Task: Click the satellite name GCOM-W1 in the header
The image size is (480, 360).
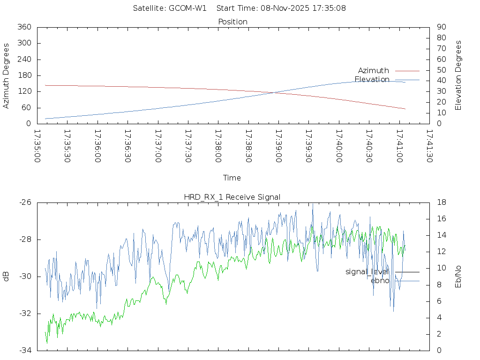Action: click(187, 8)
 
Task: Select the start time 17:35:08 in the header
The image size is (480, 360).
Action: click(330, 8)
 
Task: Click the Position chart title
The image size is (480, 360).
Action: click(232, 22)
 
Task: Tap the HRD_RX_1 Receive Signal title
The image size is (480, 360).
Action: click(232, 197)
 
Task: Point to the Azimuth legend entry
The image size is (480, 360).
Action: click(374, 71)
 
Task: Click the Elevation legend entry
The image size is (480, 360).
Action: click(372, 80)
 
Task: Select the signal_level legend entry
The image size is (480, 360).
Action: click(367, 272)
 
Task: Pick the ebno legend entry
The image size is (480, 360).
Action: click(380, 281)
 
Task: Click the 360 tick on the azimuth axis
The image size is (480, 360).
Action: click(24, 27)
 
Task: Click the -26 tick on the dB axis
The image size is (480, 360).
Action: click(25, 202)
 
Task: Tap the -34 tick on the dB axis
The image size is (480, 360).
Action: click(25, 350)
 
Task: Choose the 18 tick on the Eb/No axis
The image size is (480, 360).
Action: click(441, 202)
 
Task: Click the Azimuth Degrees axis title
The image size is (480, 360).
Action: click(7, 75)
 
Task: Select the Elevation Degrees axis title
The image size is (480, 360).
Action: click(458, 75)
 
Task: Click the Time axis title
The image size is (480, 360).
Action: click(232, 178)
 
